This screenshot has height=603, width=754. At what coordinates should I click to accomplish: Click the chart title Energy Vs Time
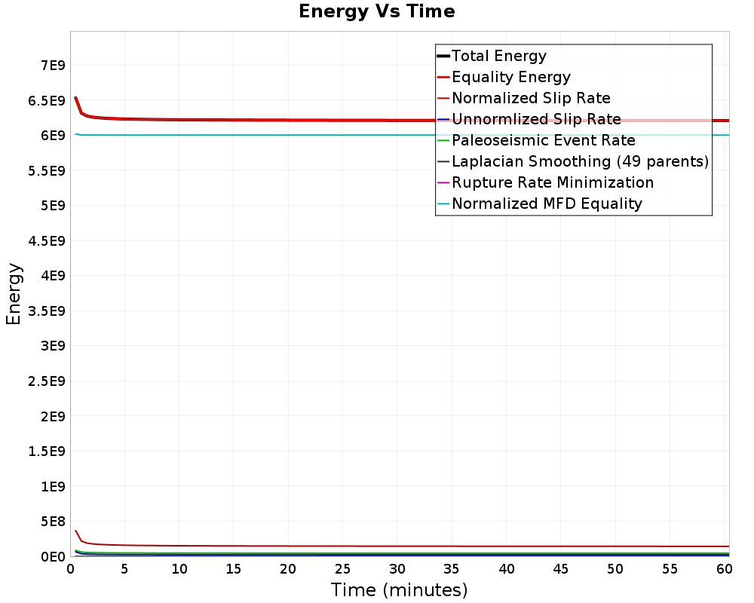[376, 12]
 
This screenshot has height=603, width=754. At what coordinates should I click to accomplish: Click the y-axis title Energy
[14, 294]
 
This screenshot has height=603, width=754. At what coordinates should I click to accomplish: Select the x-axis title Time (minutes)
[399, 589]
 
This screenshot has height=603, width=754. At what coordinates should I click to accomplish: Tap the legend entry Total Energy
[498, 56]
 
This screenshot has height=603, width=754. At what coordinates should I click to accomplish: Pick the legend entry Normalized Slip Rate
[531, 98]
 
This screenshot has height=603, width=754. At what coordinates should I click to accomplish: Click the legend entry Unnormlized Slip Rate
[536, 119]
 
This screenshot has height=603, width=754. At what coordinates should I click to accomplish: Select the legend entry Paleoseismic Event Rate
[543, 140]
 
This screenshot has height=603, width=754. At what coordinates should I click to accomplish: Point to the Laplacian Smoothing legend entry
[579, 161]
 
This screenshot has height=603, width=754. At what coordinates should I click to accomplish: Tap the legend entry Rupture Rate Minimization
[552, 182]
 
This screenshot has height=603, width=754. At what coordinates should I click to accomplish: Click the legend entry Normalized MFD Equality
[547, 204]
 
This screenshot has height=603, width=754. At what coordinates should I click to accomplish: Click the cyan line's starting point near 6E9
[75, 134]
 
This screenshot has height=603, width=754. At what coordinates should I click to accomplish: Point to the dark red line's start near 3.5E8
[75, 531]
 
